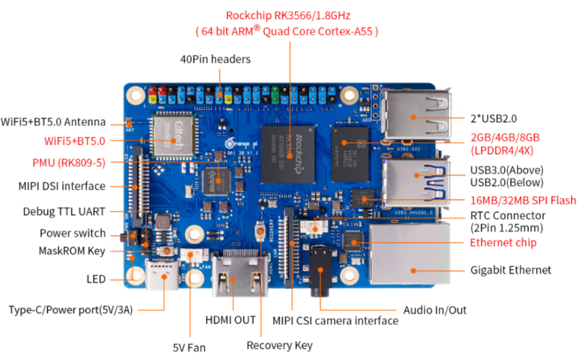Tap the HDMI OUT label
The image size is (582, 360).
pyautogui.click(x=230, y=320)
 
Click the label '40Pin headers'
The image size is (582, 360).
pyautogui.click(x=215, y=59)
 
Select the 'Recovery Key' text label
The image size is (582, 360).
pyautogui.click(x=280, y=345)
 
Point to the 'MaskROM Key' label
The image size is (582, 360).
pyautogui.click(x=72, y=250)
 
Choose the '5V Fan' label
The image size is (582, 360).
pyautogui.click(x=190, y=347)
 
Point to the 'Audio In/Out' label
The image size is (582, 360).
pyautogui.click(x=435, y=310)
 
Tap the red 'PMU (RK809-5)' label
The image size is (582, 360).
pyautogui.click(x=68, y=163)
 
